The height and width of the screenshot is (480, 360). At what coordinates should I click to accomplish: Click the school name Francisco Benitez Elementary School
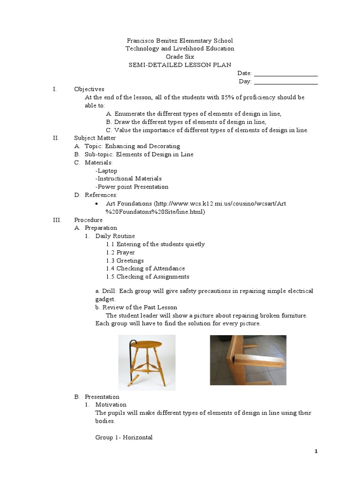click(180, 41)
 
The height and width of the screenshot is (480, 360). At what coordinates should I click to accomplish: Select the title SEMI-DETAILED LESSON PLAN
click(180, 65)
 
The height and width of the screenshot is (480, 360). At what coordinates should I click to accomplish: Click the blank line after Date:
click(285, 74)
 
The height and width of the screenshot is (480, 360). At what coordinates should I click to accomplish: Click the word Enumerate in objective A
click(131, 114)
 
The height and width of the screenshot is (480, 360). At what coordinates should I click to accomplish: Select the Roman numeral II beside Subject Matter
click(55, 138)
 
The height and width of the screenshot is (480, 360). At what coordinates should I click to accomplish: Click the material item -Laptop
click(106, 171)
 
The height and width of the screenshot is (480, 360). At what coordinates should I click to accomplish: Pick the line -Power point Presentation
click(132, 187)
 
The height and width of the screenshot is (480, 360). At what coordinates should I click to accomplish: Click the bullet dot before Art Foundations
click(96, 204)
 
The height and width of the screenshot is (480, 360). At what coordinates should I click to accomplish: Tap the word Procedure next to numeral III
click(88, 220)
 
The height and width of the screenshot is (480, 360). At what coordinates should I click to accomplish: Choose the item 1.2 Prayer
click(120, 253)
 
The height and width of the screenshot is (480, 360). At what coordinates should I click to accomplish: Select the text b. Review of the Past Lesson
click(136, 307)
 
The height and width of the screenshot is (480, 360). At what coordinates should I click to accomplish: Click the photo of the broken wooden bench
click(247, 360)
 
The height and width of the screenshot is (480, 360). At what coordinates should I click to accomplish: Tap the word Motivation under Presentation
click(111, 405)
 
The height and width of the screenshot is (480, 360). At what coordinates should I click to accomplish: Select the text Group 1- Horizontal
click(124, 437)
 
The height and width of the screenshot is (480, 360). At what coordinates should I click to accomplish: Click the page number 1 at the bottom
click(316, 451)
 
